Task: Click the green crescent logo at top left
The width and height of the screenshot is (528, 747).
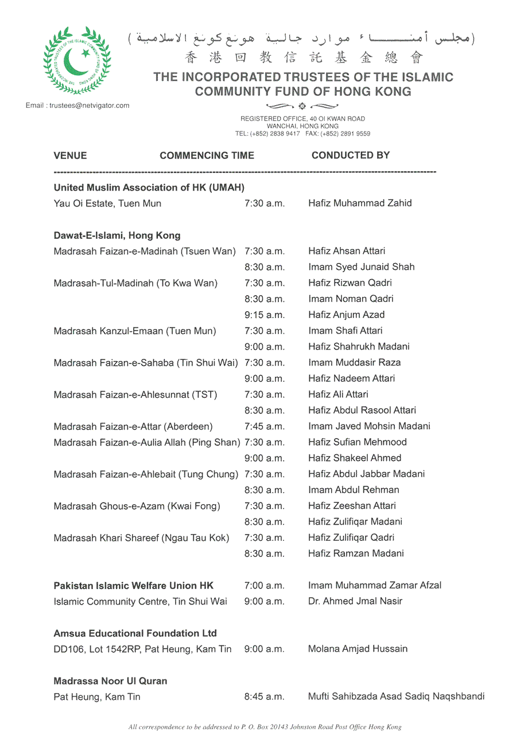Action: click(77, 60)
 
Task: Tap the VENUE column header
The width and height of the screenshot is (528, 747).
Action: click(70, 156)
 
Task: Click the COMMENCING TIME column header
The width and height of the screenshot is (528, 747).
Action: click(207, 156)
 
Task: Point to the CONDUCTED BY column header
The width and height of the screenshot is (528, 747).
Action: click(350, 155)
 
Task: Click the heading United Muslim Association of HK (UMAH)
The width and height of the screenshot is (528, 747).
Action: click(149, 188)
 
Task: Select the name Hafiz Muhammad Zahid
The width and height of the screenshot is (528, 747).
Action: click(359, 203)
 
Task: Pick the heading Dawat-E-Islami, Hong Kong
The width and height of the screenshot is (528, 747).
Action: click(117, 235)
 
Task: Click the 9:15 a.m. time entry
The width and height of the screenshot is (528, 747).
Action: click(264, 315)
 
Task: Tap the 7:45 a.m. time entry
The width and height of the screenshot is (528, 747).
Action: click(264, 427)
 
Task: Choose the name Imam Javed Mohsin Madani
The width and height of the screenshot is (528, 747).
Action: click(369, 426)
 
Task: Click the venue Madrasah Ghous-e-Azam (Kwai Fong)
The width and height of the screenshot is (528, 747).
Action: click(137, 506)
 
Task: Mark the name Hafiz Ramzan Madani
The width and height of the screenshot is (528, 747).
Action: click(356, 554)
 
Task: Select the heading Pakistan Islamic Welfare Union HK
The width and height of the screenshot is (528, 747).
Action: click(133, 586)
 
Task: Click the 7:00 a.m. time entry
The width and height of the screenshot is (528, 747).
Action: click(264, 586)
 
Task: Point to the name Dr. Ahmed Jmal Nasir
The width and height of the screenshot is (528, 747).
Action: click(355, 601)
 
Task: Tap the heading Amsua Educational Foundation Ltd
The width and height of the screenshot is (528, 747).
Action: click(135, 633)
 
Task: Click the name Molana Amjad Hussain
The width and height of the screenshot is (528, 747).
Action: click(358, 649)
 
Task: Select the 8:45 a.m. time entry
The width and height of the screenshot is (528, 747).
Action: click(264, 697)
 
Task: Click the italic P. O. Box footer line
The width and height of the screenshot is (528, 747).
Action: click(265, 727)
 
